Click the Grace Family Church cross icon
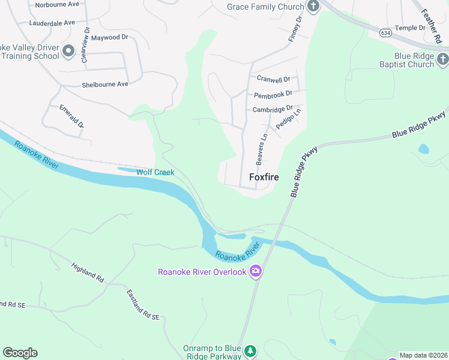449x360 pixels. pyautogui.click(x=313, y=7)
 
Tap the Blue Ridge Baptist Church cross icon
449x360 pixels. pyautogui.click(x=443, y=59)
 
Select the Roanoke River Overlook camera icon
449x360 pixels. pyautogui.click(x=256, y=272)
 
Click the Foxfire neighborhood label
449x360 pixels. pyautogui.click(x=264, y=177)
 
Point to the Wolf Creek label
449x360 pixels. pyautogui.click(x=155, y=172)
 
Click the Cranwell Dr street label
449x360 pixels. pyautogui.click(x=273, y=79)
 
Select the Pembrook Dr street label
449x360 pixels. pyautogui.click(x=273, y=94)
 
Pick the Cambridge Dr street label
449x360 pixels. pyautogui.click(x=273, y=109)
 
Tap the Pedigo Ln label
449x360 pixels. pyautogui.click(x=289, y=118)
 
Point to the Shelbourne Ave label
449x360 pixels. pyautogui.click(x=105, y=85)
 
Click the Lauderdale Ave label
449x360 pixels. pyautogui.click(x=52, y=23)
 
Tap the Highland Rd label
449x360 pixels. pyautogui.click(x=88, y=272)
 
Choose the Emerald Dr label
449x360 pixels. pyautogui.click(x=71, y=116)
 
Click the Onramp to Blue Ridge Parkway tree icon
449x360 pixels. pyautogui.click(x=252, y=350)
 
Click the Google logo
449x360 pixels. pyautogui.click(x=20, y=353)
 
